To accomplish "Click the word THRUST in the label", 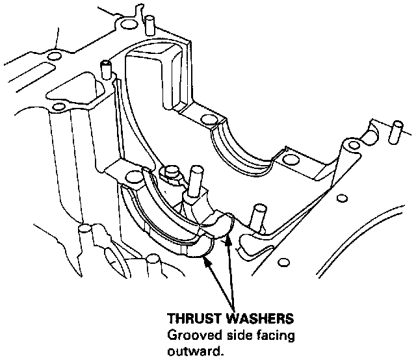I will click(189, 320).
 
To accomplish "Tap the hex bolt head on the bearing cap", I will click(172, 173).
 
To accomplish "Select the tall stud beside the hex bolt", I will click(194, 183).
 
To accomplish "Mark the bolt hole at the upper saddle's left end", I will click(208, 120).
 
